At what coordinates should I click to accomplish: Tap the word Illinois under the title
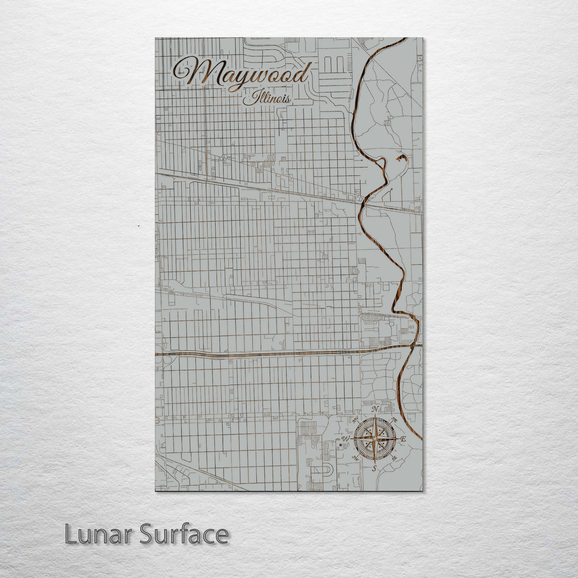pos(267,99)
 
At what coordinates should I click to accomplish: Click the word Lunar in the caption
pos(98,534)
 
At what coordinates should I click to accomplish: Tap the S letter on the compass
pos(375,468)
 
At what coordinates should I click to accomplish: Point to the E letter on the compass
pos(404,439)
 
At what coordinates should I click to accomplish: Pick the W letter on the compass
pos(346,439)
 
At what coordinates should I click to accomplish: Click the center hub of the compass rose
pos(375,439)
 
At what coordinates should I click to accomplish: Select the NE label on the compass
pos(394,420)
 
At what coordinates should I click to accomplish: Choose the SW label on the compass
pos(355,459)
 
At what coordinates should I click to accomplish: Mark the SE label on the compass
pos(394,459)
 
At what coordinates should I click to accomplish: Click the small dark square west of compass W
pos(339,443)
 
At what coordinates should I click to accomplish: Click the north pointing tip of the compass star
pos(375,416)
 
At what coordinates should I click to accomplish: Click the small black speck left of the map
pos(139,226)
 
